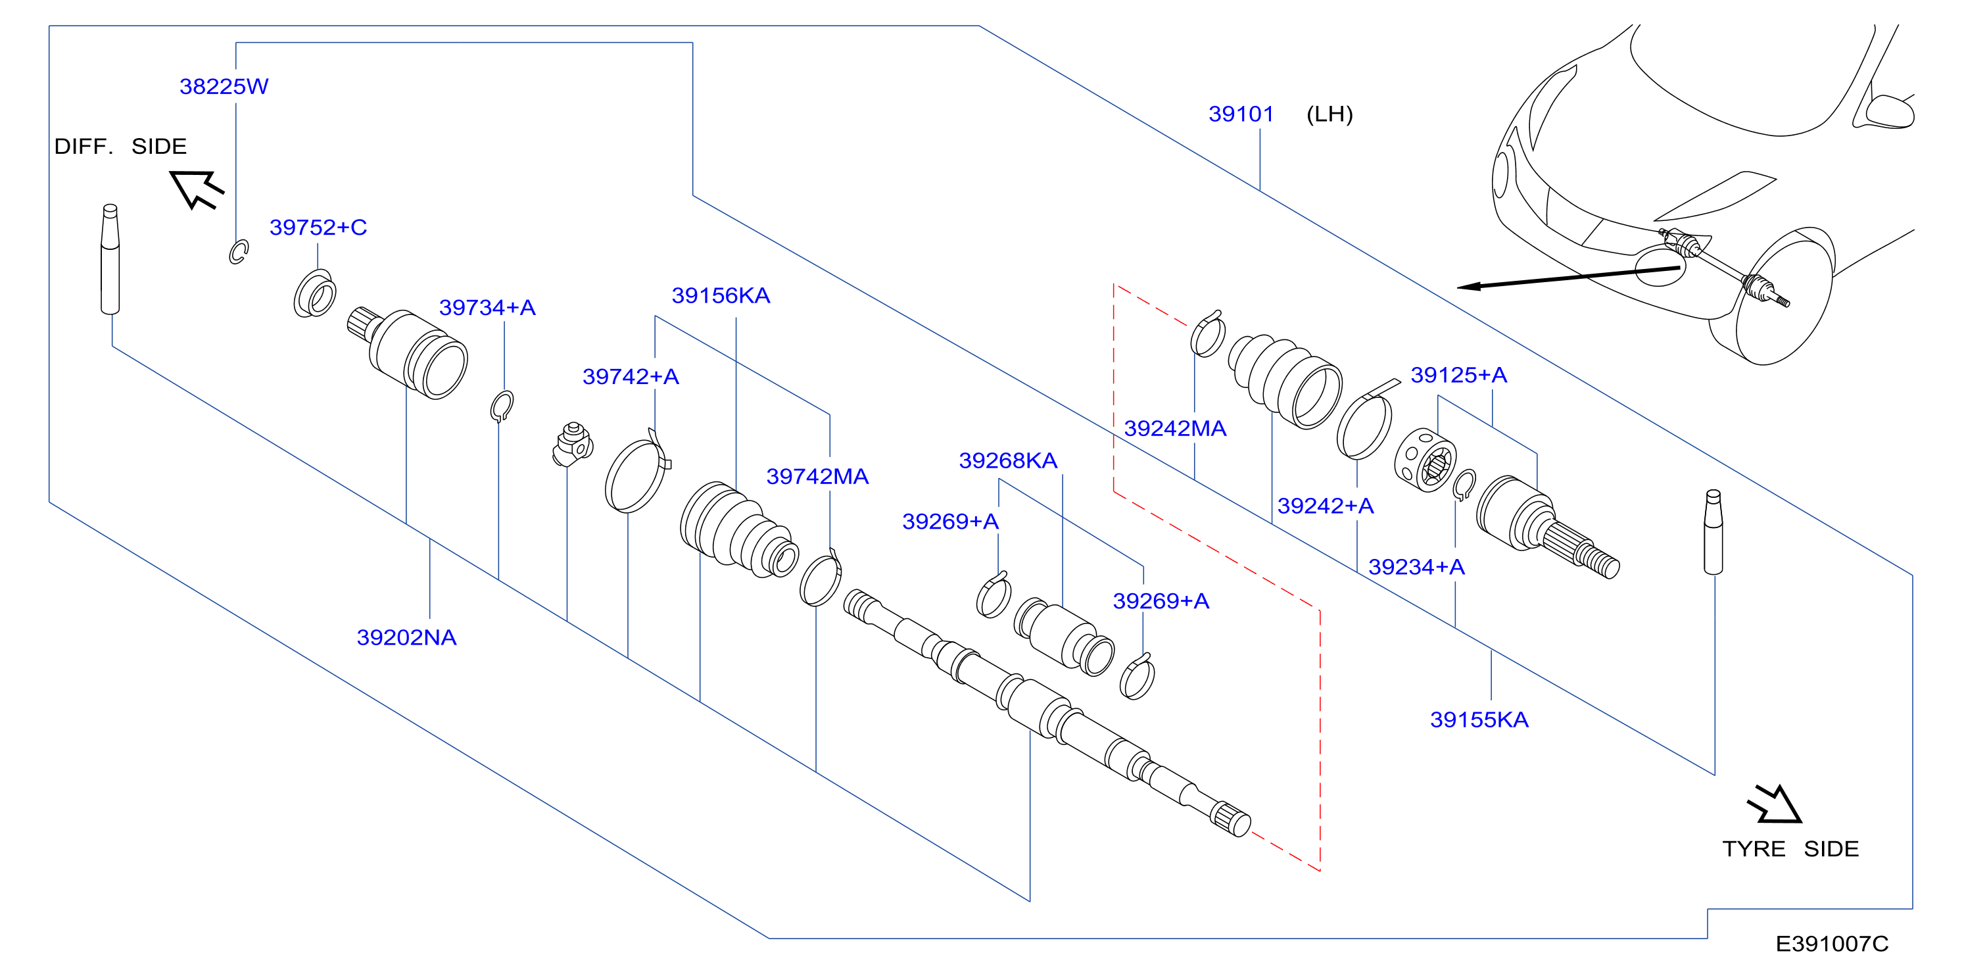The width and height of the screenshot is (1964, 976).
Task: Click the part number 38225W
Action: tap(224, 86)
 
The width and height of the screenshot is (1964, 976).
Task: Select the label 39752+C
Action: tap(318, 227)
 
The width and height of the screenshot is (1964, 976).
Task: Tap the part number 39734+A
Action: tap(487, 307)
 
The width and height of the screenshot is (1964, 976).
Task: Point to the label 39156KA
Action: tap(721, 295)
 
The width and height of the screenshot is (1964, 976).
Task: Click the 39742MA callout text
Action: tap(817, 477)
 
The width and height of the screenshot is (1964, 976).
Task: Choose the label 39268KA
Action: tap(1008, 460)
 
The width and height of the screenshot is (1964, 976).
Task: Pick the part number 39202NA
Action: tap(406, 637)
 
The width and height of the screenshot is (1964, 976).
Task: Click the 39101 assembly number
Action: tap(1241, 114)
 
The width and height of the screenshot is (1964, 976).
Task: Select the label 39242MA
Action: tap(1175, 429)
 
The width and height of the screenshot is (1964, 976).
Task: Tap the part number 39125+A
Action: tap(1458, 375)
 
